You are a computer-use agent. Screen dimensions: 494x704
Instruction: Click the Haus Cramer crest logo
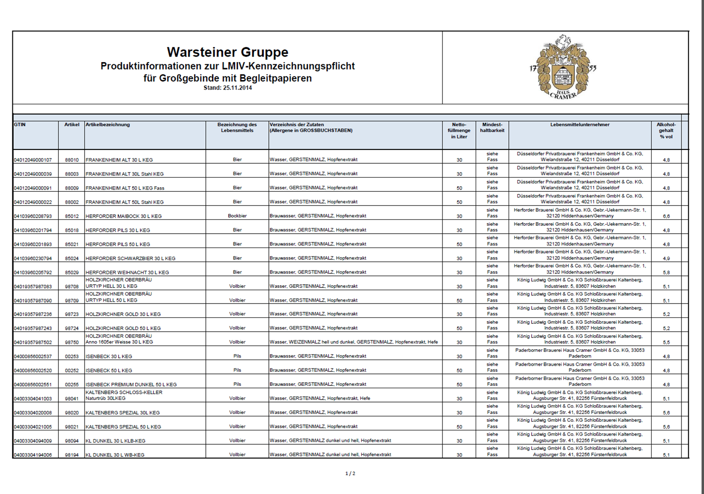pos(563,67)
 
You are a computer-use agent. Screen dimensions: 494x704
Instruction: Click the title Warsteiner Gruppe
pos(227,52)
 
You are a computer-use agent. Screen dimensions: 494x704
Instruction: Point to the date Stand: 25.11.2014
pos(227,88)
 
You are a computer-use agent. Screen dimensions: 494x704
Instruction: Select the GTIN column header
pos(20,125)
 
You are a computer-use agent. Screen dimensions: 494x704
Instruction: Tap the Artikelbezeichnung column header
pos(108,125)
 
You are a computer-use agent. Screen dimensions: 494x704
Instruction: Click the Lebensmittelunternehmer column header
pos(579,125)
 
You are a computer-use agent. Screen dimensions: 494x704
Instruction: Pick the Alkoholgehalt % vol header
pos(666,131)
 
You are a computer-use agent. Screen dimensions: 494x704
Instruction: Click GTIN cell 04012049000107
pos(33,160)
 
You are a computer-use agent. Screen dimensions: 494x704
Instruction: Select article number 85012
pos(72,216)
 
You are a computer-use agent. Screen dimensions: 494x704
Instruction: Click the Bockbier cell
pos(237,216)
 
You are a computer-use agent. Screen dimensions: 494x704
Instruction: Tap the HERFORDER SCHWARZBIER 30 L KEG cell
pos(131,258)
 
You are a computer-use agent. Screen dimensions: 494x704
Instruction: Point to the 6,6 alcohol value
pos(666,216)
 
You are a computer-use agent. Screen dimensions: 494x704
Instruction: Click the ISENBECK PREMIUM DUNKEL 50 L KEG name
pos(131,385)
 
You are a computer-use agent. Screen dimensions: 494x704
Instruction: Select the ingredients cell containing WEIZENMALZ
pos(353,342)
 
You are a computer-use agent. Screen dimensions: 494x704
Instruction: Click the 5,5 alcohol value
pos(666,343)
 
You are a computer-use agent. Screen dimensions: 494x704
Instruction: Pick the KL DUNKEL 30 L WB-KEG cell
pos(115,455)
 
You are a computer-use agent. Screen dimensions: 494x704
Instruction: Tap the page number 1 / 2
pos(350,473)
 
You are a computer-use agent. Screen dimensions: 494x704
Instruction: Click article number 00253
pos(72,356)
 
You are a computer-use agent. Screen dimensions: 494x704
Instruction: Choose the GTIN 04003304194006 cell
pos(33,455)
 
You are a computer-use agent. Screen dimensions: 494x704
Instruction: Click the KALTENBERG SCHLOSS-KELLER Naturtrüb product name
pos(124,395)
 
